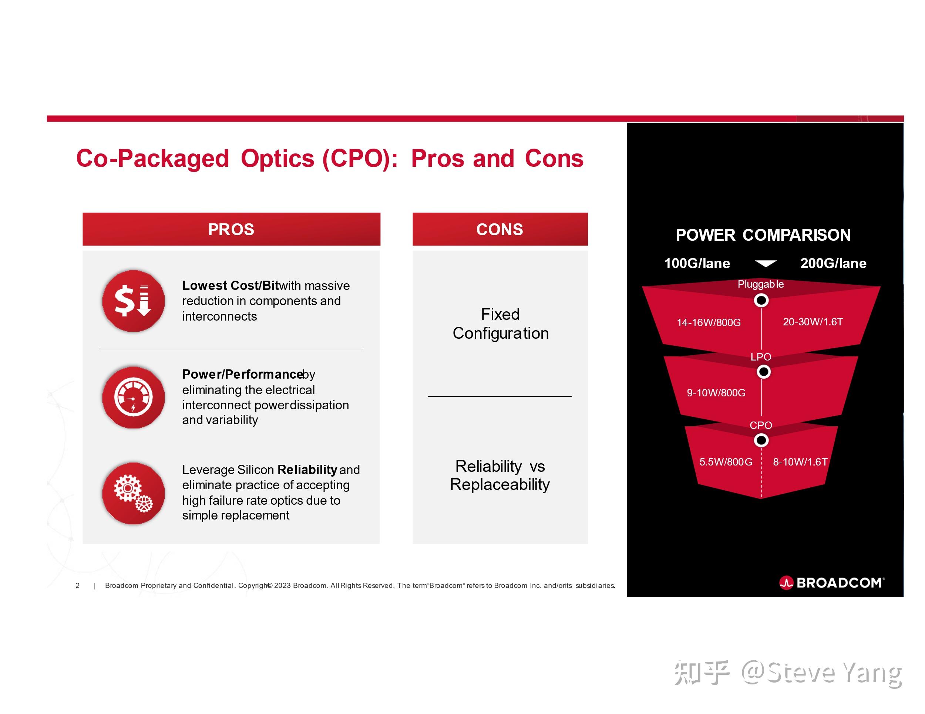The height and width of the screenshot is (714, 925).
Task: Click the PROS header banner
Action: pyautogui.click(x=231, y=229)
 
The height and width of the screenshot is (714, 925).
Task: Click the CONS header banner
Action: pyautogui.click(x=500, y=229)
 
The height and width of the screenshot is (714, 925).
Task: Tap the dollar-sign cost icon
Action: pyautogui.click(x=134, y=301)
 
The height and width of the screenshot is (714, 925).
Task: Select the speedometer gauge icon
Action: pyautogui.click(x=134, y=397)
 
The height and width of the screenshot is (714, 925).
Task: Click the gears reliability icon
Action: pyautogui.click(x=134, y=494)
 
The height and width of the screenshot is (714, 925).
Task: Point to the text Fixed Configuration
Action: pyautogui.click(x=500, y=324)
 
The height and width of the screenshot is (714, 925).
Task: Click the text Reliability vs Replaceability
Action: pyautogui.click(x=500, y=475)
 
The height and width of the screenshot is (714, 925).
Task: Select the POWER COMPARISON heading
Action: pyautogui.click(x=763, y=235)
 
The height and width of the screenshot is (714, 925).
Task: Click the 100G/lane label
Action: pyautogui.click(x=697, y=263)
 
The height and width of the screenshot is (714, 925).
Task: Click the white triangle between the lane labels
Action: pyautogui.click(x=766, y=264)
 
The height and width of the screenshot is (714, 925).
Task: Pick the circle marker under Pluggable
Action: pyautogui.click(x=761, y=301)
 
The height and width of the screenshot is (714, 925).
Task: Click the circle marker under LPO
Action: pyautogui.click(x=763, y=372)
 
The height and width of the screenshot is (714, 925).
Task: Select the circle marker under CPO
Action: pyautogui.click(x=761, y=441)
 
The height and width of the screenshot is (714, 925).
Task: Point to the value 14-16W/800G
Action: pyautogui.click(x=709, y=322)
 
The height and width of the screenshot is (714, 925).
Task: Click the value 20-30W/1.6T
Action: pyautogui.click(x=813, y=322)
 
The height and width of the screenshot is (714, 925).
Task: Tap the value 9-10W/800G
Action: pyautogui.click(x=716, y=393)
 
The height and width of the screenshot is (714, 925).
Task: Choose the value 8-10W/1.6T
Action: pyautogui.click(x=800, y=462)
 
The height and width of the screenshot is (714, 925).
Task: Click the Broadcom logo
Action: pyautogui.click(x=832, y=583)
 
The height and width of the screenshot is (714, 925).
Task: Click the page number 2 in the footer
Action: pyautogui.click(x=77, y=585)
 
